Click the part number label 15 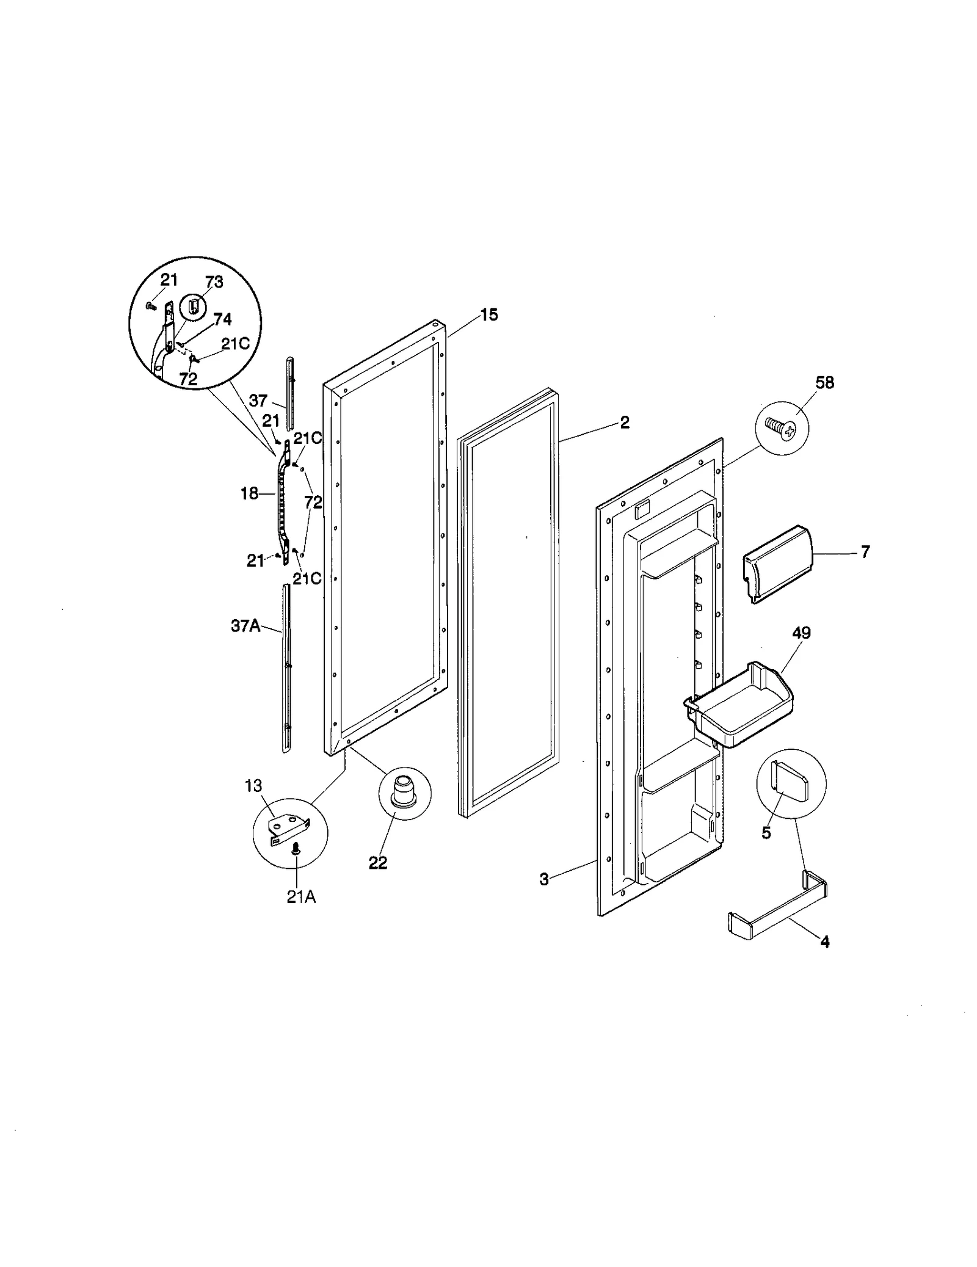488,315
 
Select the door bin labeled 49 740,704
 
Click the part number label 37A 245,626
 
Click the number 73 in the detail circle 214,282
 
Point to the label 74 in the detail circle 222,319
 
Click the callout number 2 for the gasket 624,423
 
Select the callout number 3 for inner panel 543,879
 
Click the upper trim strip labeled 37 290,394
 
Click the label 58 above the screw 824,383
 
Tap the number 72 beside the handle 313,503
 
